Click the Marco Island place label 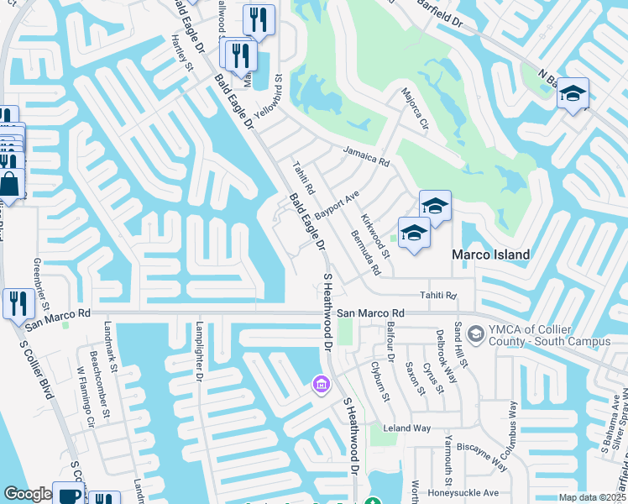point(491,255)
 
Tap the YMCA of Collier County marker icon point(475,336)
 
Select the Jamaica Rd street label point(366,155)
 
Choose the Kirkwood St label point(375,235)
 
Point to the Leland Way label point(406,428)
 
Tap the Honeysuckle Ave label point(463,493)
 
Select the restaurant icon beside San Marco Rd point(18,302)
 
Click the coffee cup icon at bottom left point(68,494)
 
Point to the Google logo point(28,494)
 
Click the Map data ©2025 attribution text point(592,497)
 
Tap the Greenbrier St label point(41,283)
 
